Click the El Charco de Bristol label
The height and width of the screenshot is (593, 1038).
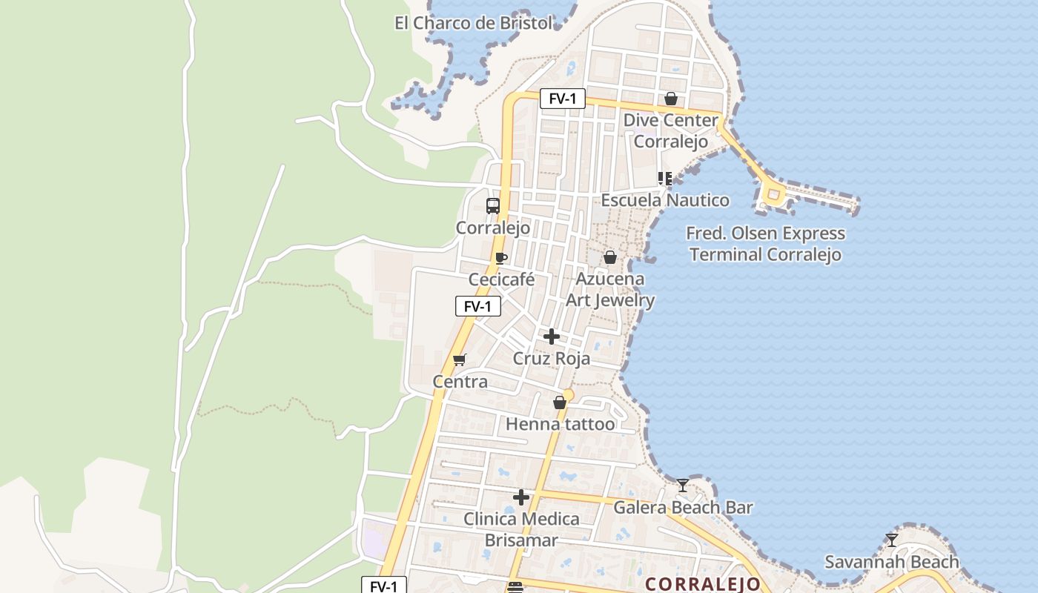coord(473,23)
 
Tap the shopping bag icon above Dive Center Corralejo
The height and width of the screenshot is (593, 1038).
coord(671,99)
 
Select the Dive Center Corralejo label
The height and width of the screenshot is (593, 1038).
coord(671,130)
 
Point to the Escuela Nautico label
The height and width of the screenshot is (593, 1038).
coord(665,200)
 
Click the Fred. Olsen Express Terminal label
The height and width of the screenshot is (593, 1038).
coord(765,244)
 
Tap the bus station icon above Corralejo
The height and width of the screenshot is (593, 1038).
coord(493,206)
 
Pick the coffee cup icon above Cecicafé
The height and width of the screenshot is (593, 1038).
coord(501,258)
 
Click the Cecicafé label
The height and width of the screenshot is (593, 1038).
coord(501,279)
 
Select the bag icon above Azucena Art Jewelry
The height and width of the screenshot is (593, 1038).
coord(610,257)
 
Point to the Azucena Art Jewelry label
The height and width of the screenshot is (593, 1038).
coord(610,290)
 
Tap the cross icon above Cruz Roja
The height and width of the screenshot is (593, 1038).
coord(552,337)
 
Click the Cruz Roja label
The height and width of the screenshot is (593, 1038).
coord(552,359)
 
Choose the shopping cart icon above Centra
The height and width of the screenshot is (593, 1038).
coord(460,360)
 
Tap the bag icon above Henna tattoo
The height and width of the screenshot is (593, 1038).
coord(560,402)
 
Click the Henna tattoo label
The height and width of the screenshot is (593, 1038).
coord(560,424)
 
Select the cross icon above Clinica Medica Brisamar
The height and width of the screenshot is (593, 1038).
coord(521,497)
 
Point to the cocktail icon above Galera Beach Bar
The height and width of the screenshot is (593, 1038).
coord(683,486)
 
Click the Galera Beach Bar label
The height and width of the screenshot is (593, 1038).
coord(683,508)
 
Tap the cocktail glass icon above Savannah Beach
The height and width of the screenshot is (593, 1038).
coord(892,540)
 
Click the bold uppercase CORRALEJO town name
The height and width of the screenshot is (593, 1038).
coord(703,584)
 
